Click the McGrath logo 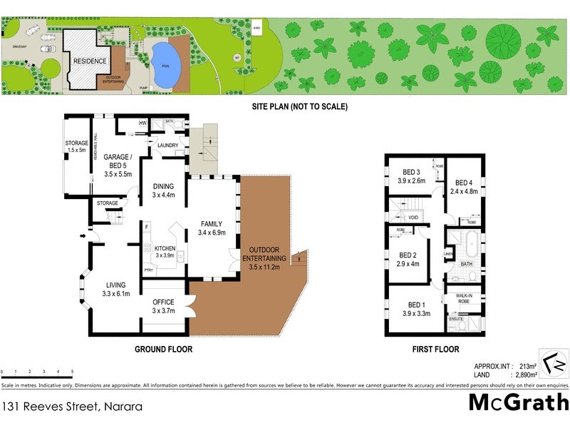pyautogui.click(x=518, y=402)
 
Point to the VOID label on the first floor pyautogui.click(x=413, y=218)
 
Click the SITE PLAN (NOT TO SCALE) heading pyautogui.click(x=299, y=106)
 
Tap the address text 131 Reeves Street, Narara pyautogui.click(x=71, y=407)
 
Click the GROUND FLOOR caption pyautogui.click(x=164, y=350)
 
